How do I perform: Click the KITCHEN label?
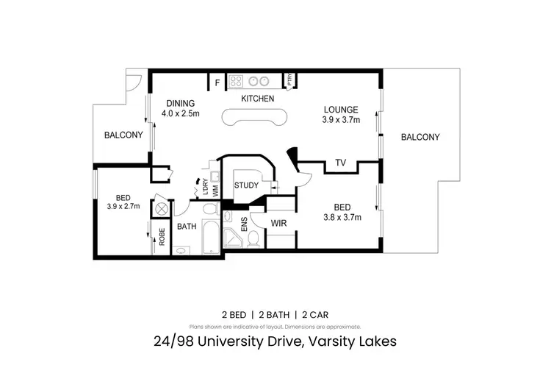[x=258, y=99]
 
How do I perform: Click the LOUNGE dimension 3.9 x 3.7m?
[x=342, y=121]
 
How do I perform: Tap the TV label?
[x=340, y=163]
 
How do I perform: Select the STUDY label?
[x=246, y=185]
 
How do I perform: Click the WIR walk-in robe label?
[x=278, y=222]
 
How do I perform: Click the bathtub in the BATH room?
[x=208, y=236]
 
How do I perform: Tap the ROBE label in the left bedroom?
[x=161, y=237]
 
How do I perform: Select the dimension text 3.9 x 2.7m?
[x=123, y=208]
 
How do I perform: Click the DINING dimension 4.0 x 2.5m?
[x=181, y=113]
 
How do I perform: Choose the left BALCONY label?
[x=123, y=135]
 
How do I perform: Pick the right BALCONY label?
[x=419, y=137]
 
